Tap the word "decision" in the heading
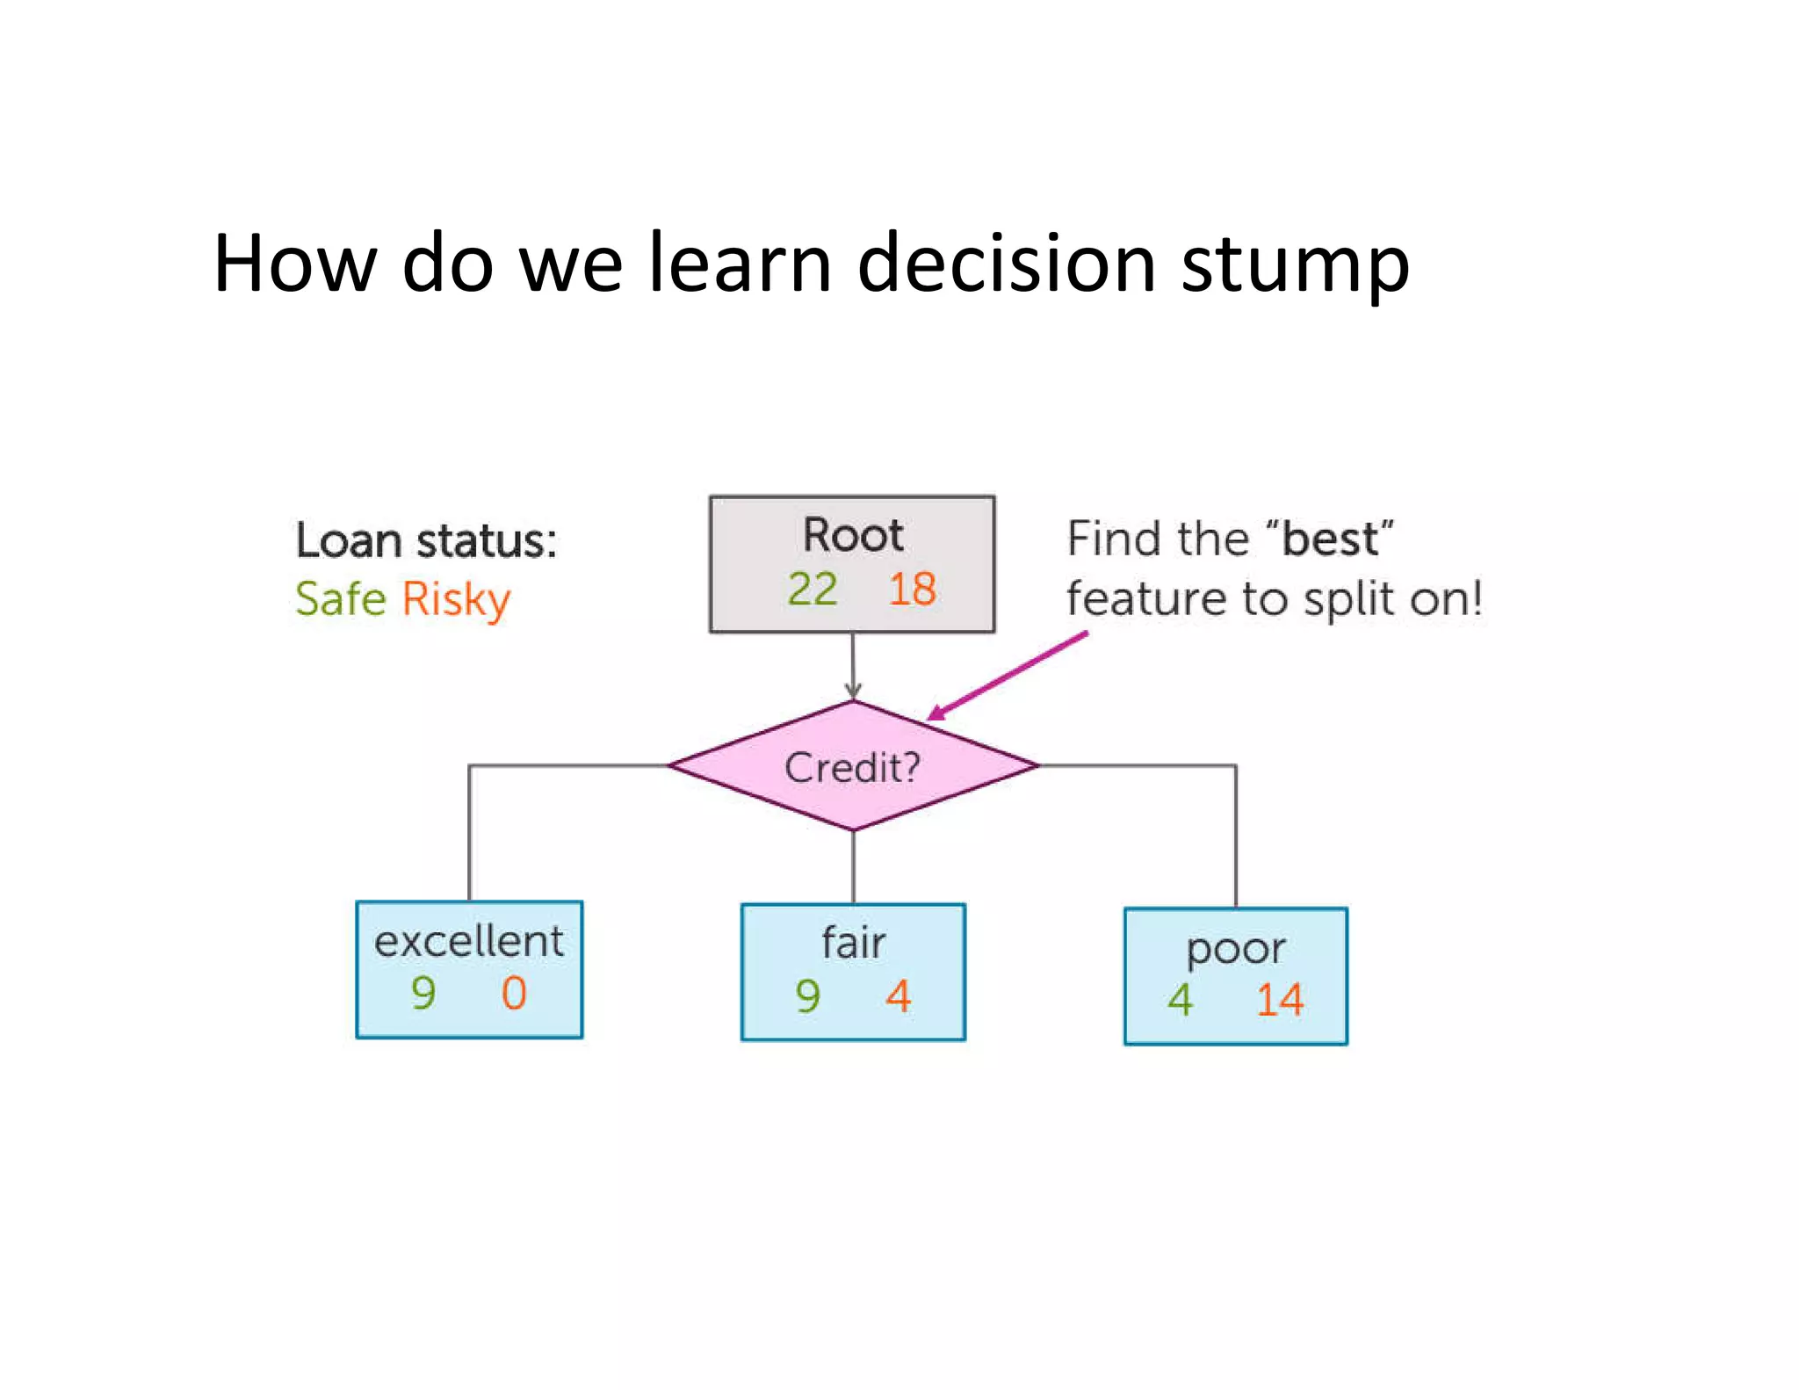tap(1006, 263)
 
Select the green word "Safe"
tap(340, 599)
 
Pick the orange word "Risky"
tap(456, 601)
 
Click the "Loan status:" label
tap(426, 539)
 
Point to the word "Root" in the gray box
tap(852, 535)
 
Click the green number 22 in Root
tap(812, 589)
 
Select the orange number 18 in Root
tap(912, 589)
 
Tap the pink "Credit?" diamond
tap(852, 766)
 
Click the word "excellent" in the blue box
tap(468, 941)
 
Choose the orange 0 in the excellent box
tap(514, 993)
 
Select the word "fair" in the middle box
tap(853, 943)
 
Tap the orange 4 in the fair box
tap(898, 995)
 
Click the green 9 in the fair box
tap(807, 995)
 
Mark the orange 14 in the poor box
tap(1279, 1000)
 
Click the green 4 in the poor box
tap(1180, 1000)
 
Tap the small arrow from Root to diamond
tap(852, 668)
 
